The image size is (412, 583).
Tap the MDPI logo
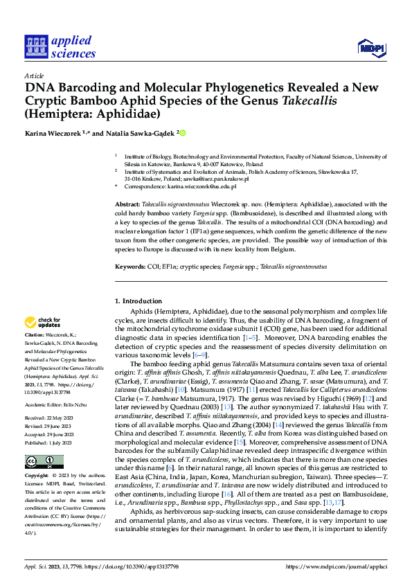370,47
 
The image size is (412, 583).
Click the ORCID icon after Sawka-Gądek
183,132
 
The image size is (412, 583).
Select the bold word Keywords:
129,267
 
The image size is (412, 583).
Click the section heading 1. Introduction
138,301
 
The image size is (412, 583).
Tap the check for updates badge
42,323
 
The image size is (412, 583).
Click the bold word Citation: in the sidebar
36,334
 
